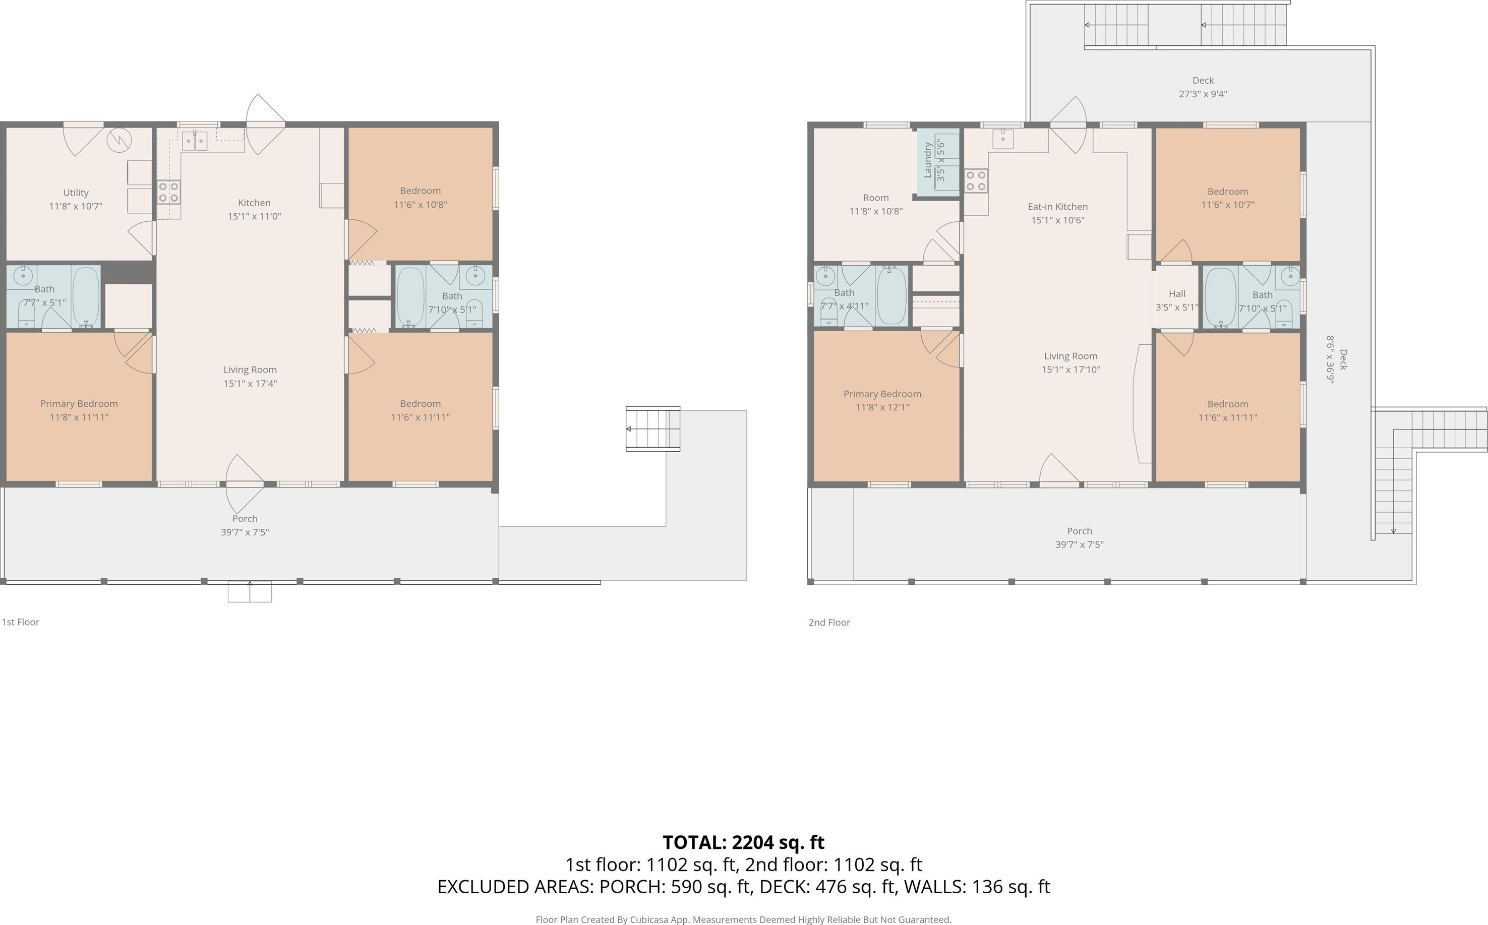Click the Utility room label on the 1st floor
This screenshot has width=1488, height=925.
76,193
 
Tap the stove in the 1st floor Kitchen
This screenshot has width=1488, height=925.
169,192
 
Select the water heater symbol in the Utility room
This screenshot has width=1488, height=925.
120,141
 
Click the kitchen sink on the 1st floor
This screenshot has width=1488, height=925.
195,141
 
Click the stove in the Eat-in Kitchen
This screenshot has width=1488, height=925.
976,181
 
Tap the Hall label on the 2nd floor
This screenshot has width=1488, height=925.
1176,294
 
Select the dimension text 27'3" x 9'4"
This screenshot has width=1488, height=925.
1203,94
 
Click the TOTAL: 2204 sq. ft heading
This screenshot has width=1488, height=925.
743,842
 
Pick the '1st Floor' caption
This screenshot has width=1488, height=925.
21,622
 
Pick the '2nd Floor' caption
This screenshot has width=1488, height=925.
829,622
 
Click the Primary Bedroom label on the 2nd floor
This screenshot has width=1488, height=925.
882,394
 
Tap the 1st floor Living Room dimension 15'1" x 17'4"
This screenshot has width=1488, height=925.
250,384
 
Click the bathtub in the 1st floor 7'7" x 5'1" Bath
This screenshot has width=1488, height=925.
86,297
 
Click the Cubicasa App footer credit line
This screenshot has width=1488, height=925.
743,919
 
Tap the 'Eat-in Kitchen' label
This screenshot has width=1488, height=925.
1058,207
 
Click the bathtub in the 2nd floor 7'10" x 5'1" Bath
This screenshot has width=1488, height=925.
1221,297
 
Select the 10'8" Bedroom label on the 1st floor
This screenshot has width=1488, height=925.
421,191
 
